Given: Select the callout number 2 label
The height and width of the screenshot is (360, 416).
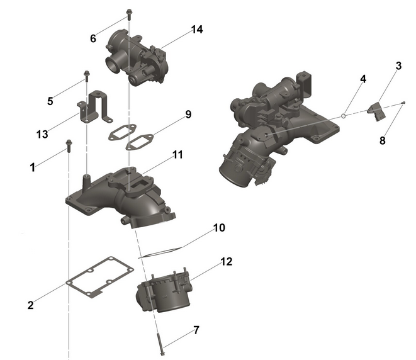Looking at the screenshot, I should (30, 305).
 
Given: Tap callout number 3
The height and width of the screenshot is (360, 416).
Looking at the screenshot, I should (398, 65).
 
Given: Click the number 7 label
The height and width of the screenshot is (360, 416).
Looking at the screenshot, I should (196, 330).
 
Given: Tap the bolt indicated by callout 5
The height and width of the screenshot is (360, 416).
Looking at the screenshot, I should (85, 79).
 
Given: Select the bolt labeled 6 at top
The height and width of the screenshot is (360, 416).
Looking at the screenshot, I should (129, 13).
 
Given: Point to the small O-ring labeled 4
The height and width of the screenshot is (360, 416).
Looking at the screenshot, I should (344, 115).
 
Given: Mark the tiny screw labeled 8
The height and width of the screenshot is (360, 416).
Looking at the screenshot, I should (403, 102).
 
